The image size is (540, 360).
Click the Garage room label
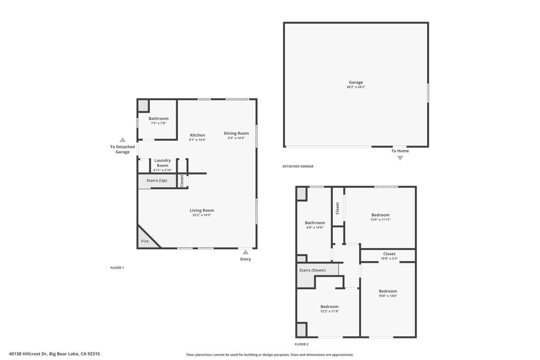pos(356,82)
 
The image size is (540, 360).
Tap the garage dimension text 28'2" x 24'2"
pos(356,87)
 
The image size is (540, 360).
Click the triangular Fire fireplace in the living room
pos(147,239)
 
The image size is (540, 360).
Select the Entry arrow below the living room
pos(245,252)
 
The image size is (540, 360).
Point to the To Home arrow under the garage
pos(400,158)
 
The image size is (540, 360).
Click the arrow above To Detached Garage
pos(122,140)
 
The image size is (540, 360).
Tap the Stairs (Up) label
pos(157,180)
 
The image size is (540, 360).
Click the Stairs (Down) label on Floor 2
pos(312,270)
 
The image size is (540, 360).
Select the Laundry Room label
pos(162,163)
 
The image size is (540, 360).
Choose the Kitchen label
pos(197,135)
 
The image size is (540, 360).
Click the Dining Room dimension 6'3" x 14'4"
pos(236,138)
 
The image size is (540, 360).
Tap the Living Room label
pos(202,210)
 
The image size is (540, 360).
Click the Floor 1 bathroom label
pos(158,119)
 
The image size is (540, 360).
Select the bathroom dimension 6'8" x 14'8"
pos(315,228)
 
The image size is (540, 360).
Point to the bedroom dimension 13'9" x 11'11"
pos(381,220)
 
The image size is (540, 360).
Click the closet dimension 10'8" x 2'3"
pos(389,258)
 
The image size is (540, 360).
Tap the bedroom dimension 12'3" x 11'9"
pos(330,312)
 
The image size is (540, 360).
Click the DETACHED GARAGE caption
pos(298,166)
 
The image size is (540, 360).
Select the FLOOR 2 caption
pos(302,344)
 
